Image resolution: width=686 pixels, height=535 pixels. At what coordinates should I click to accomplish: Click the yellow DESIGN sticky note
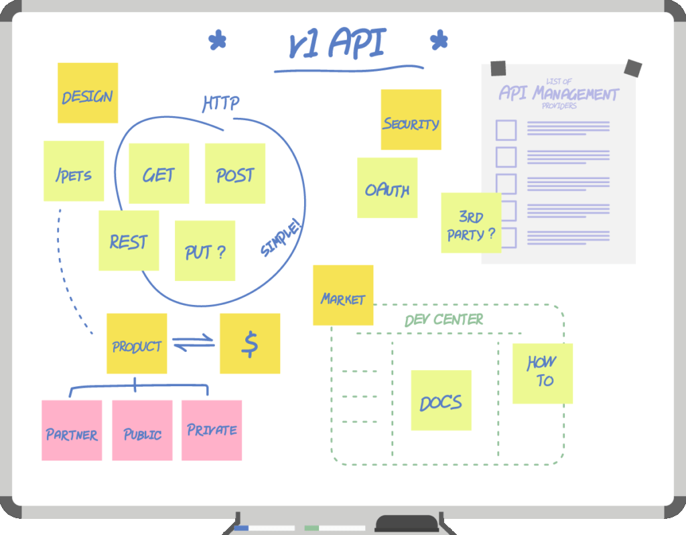pyautogui.click(x=88, y=93)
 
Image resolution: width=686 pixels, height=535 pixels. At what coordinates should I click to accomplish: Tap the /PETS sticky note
pyautogui.click(x=74, y=171)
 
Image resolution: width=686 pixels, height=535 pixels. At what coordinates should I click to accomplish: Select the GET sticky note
pyautogui.click(x=159, y=174)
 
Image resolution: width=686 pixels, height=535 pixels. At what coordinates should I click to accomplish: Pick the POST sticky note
pyautogui.click(x=235, y=174)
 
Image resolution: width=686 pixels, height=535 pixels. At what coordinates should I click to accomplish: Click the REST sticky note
pyautogui.click(x=129, y=241)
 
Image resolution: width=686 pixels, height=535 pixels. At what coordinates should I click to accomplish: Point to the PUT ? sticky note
pyautogui.click(x=205, y=251)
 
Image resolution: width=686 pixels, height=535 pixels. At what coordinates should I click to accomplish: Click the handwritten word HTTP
pyautogui.click(x=221, y=103)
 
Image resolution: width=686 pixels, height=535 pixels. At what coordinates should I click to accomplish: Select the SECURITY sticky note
pyautogui.click(x=411, y=120)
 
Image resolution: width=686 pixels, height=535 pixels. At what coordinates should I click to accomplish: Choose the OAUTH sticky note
pyautogui.click(x=387, y=188)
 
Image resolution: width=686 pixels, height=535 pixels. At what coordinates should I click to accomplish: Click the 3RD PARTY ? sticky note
pyautogui.click(x=471, y=223)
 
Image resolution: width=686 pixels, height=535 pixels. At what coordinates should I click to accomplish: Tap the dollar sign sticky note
pyautogui.click(x=250, y=343)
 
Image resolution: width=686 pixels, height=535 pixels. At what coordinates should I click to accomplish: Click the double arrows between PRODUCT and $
pyautogui.click(x=194, y=343)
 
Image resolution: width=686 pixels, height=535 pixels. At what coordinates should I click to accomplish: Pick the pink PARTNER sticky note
pyautogui.click(x=72, y=430)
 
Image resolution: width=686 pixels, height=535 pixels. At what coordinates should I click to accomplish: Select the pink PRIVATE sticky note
pyautogui.click(x=212, y=430)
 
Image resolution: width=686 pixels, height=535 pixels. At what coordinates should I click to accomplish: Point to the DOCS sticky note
pyautogui.click(x=441, y=400)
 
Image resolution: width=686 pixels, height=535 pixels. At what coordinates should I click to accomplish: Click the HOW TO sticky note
pyautogui.click(x=543, y=373)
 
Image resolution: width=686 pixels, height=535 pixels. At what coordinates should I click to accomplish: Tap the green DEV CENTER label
pyautogui.click(x=444, y=320)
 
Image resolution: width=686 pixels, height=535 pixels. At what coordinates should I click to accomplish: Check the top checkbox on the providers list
pyautogui.click(x=506, y=130)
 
